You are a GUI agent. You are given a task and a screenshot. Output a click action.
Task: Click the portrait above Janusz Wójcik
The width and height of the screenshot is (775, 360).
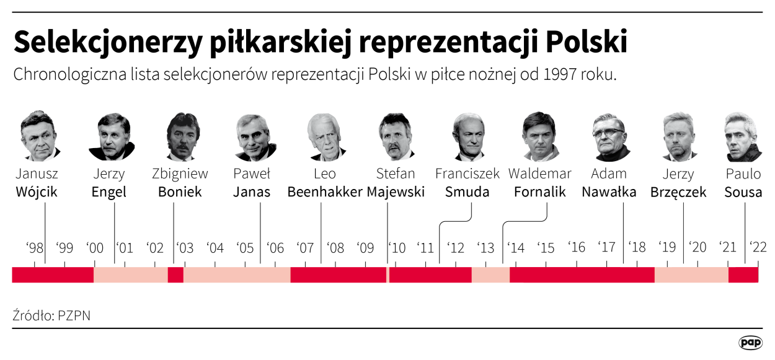(x=38, y=136)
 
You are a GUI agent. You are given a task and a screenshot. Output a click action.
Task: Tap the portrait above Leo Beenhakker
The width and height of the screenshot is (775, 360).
(x=324, y=136)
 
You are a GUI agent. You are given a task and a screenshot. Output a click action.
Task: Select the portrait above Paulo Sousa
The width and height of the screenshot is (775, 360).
(x=742, y=136)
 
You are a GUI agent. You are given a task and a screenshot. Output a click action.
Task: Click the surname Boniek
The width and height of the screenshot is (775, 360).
(x=180, y=192)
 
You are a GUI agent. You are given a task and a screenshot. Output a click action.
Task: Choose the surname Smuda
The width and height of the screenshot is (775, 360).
(x=467, y=192)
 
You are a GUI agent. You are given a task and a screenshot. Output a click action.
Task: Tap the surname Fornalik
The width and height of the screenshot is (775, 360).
(x=540, y=192)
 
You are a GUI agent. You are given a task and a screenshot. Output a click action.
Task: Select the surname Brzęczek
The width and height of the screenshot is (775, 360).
(x=678, y=192)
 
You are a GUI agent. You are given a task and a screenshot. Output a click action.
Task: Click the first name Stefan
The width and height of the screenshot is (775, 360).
(x=396, y=173)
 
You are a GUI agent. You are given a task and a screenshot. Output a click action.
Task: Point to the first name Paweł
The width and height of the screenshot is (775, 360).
(x=252, y=173)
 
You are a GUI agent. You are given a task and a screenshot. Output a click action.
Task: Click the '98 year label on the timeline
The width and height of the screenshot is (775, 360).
(x=35, y=248)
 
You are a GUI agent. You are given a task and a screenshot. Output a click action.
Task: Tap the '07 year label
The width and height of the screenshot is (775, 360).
(x=305, y=248)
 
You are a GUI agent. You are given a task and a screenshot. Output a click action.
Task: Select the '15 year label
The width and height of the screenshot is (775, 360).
(x=546, y=248)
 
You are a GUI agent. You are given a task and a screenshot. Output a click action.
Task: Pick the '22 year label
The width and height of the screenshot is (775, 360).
(x=758, y=248)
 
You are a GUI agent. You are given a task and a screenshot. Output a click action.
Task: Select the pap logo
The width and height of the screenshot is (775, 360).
(x=750, y=342)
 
